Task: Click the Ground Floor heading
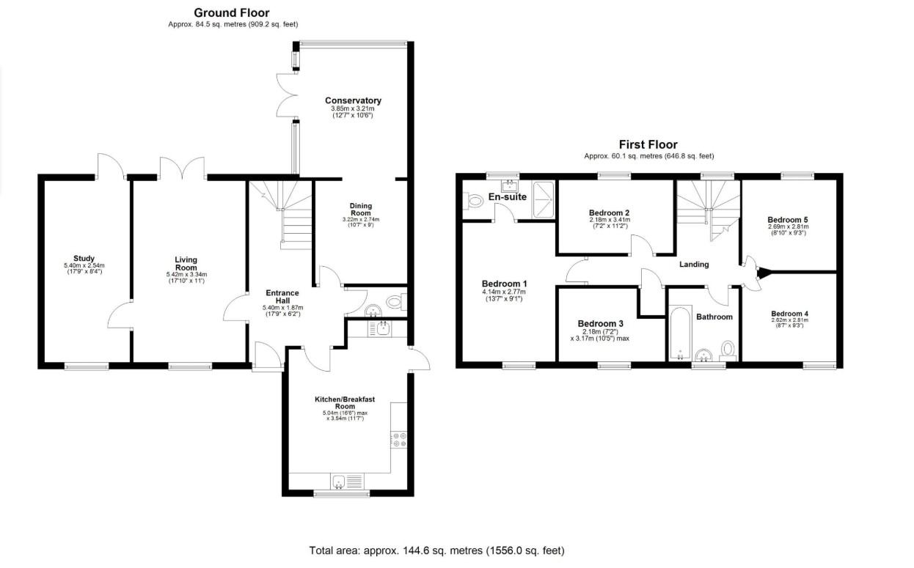[231, 12]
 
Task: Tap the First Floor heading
[648, 144]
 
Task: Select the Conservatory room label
[353, 100]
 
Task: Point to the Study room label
[84, 258]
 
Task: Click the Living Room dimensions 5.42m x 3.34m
[186, 274]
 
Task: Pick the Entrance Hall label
[282, 296]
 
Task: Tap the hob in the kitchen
[398, 440]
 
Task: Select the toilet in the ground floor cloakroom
[396, 302]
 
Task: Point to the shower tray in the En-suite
[543, 200]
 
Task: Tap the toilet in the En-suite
[472, 201]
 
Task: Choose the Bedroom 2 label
[609, 213]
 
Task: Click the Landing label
[694, 265]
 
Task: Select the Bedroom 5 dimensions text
[788, 229]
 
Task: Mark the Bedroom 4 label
[789, 314]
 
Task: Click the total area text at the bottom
[436, 550]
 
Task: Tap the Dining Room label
[361, 209]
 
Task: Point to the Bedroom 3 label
[600, 323]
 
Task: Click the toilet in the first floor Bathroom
[728, 350]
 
